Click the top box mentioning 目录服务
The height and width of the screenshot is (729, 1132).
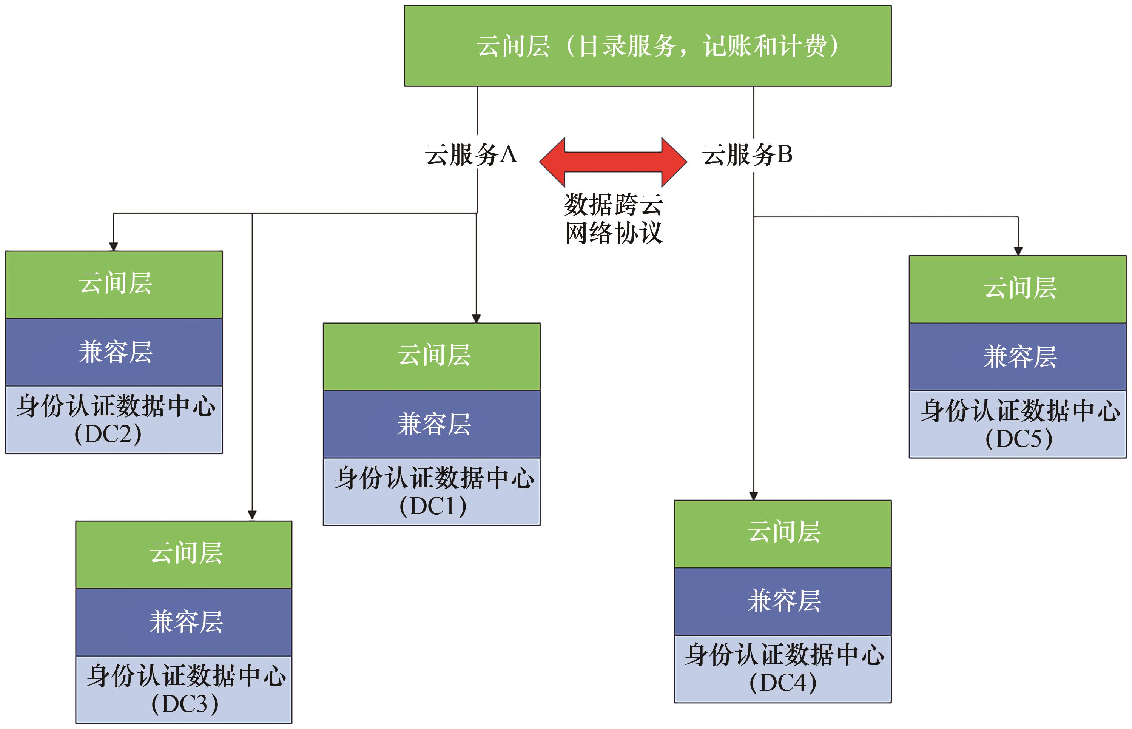tap(647, 46)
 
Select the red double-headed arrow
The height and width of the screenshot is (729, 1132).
tap(613, 162)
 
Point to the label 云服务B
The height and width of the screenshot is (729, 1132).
tap(747, 155)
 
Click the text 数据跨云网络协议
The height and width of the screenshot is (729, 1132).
tap(614, 219)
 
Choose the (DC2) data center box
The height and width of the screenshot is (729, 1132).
tap(114, 419)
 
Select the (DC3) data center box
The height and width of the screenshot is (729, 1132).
tap(184, 689)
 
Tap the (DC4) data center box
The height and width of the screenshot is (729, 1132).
tap(783, 669)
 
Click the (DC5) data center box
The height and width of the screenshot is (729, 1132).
tap(1018, 424)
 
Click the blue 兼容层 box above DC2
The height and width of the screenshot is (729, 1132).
tap(114, 352)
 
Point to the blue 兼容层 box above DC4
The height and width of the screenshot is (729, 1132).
tap(783, 601)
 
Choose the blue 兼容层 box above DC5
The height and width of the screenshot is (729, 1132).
tap(1018, 357)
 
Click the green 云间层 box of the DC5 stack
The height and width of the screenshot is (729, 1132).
tap(1018, 289)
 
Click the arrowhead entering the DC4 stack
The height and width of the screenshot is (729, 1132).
tap(754, 496)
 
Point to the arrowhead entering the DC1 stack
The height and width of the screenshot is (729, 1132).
tap(476, 319)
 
